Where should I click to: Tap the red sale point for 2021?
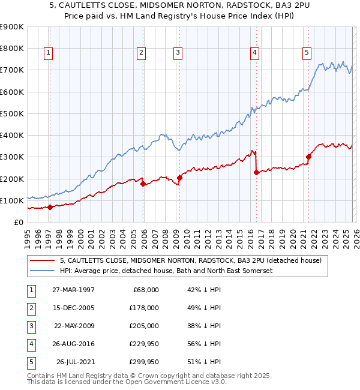click(x=309, y=157)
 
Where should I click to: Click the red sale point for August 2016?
click(x=256, y=172)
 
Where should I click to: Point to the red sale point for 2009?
click(x=179, y=178)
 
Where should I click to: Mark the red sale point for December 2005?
click(x=143, y=184)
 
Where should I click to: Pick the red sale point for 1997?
click(x=50, y=208)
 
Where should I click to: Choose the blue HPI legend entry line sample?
click(x=43, y=271)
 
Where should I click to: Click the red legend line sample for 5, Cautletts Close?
click(x=43, y=260)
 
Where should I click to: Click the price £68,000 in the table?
click(x=145, y=289)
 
